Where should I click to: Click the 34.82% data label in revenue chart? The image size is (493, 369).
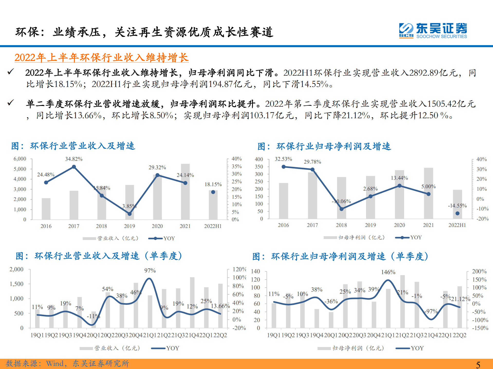(x=74, y=159)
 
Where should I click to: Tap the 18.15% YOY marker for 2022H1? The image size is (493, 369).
(x=213, y=192)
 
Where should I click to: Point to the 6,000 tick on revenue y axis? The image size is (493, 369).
(x=20, y=159)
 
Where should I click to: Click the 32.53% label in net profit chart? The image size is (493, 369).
(x=283, y=159)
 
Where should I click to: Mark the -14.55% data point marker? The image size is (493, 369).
(x=457, y=213)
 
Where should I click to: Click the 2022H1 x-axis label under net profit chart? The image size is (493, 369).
(x=457, y=225)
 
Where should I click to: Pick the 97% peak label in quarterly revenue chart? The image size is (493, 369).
(x=150, y=271)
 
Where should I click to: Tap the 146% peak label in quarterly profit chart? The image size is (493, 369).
(x=388, y=272)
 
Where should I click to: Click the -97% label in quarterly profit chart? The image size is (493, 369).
(x=431, y=311)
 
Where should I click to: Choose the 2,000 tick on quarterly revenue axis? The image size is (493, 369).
(x=16, y=269)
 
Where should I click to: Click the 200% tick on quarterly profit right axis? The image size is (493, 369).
(x=479, y=271)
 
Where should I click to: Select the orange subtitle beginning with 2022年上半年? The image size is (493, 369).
(x=101, y=57)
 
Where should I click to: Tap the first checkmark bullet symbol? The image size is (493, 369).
(x=11, y=72)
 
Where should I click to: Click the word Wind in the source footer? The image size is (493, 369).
(x=55, y=363)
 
